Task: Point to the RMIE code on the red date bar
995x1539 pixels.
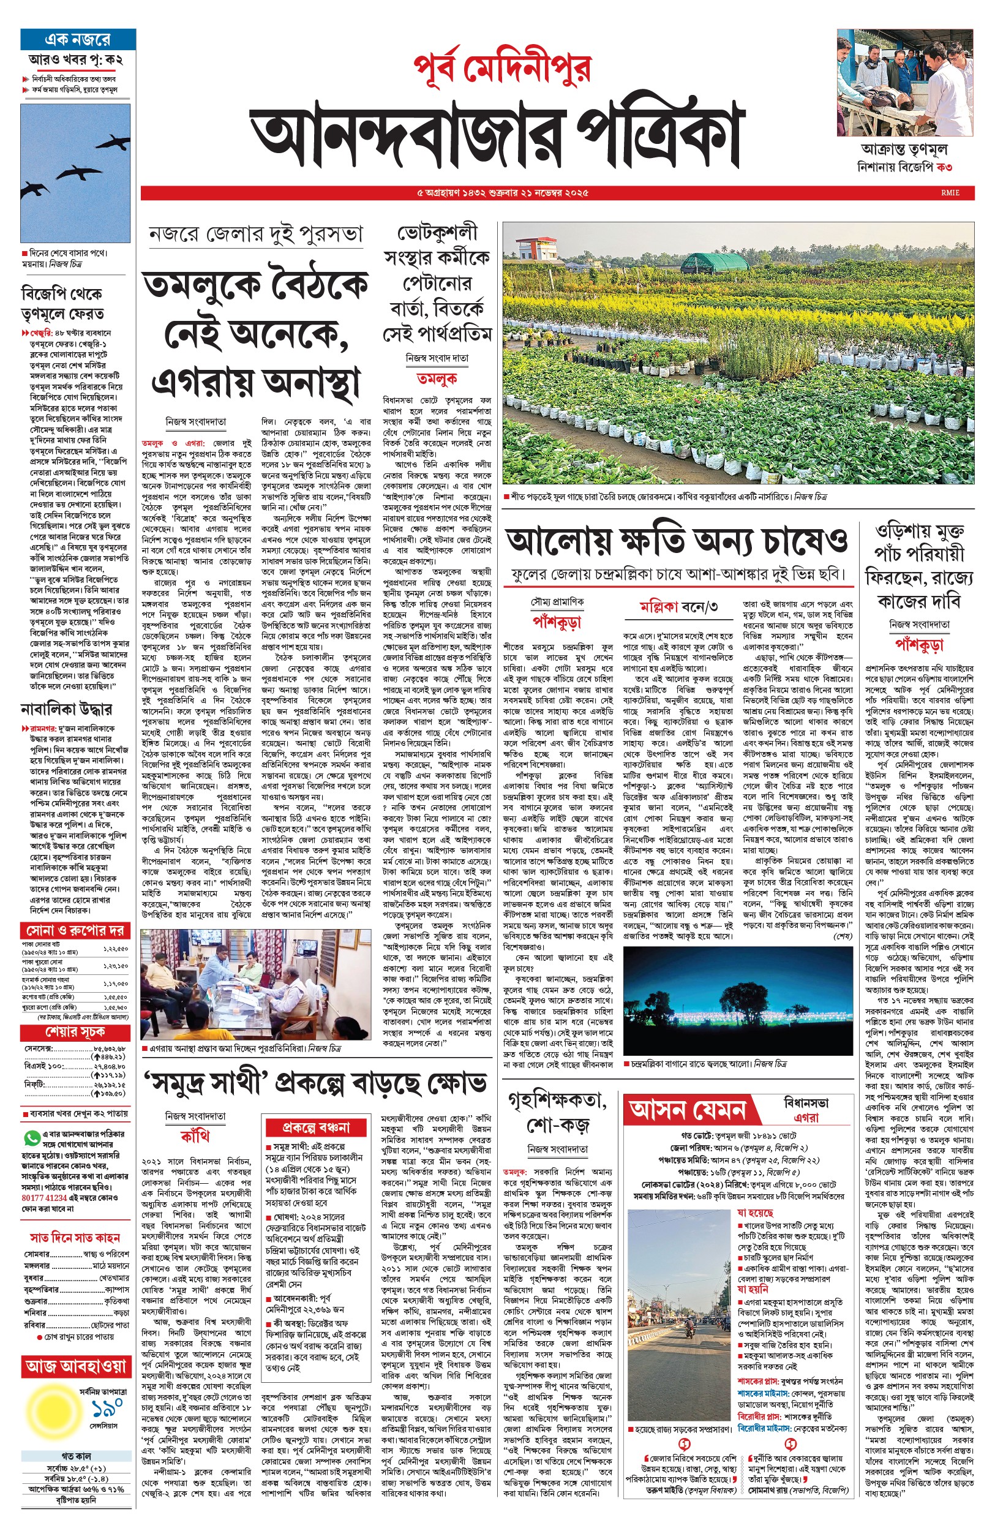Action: [x=950, y=192]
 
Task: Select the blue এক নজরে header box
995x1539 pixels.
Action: [x=78, y=39]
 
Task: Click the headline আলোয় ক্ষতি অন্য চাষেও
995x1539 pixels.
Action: [x=677, y=541]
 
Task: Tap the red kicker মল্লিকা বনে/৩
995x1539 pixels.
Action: [x=678, y=606]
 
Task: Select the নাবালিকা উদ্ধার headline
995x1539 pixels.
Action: [x=67, y=709]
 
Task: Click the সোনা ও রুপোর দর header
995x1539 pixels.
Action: [x=75, y=930]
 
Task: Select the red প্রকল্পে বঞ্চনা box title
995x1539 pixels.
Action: [x=316, y=1127]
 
